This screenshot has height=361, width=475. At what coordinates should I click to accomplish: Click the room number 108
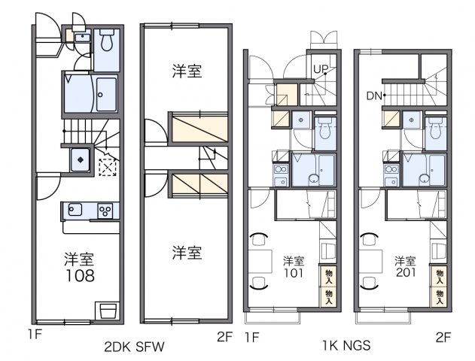pyautogui.click(x=78, y=276)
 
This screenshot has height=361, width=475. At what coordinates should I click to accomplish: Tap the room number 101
pyautogui.click(x=294, y=272)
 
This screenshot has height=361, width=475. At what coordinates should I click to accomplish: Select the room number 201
pyautogui.click(x=405, y=272)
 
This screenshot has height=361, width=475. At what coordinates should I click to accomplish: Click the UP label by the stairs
pyautogui.click(x=319, y=69)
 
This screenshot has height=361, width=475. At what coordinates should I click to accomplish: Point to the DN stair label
pyautogui.click(x=374, y=96)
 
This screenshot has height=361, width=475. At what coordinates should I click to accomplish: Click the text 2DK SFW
pyautogui.click(x=135, y=347)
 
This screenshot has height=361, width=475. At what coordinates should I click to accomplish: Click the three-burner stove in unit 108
pyautogui.click(x=105, y=211)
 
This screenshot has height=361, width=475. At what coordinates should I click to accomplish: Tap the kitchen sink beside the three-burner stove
pyautogui.click(x=76, y=211)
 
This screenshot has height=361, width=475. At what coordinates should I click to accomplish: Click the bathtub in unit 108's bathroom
pyautogui.click(x=105, y=93)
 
